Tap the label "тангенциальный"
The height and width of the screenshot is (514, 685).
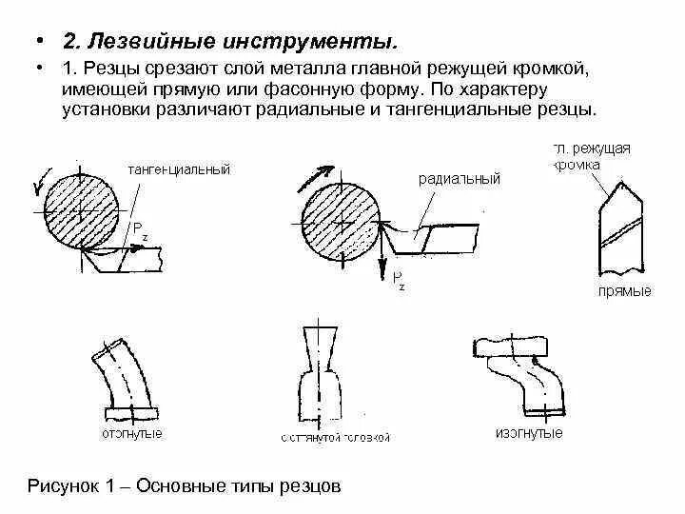[178, 169]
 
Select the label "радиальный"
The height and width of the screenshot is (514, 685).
[459, 179]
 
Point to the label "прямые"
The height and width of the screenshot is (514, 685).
[624, 291]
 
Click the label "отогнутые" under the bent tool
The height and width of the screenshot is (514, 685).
[131, 434]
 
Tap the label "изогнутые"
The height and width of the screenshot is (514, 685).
[529, 433]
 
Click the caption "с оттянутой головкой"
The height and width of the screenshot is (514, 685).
[336, 438]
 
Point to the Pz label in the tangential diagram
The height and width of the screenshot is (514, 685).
[140, 229]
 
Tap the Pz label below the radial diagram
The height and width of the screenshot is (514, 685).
[398, 281]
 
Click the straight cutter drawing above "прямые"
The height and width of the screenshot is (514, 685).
[619, 228]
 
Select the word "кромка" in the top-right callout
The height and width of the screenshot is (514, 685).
[577, 165]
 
